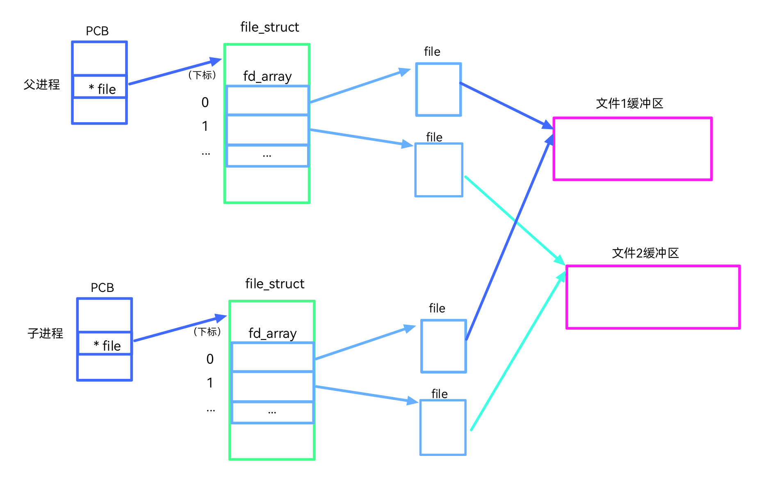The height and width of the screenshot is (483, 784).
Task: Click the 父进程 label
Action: pyautogui.click(x=41, y=84)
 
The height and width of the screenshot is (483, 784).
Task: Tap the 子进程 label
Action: pyautogui.click(x=45, y=333)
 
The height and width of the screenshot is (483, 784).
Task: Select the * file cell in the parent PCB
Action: pyautogui.click(x=100, y=87)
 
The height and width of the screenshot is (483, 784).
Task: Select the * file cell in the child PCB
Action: pyautogui.click(x=105, y=344)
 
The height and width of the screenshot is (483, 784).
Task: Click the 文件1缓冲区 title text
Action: pyautogui.click(x=629, y=103)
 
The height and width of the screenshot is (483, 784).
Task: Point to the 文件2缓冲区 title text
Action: pyautogui.click(x=645, y=253)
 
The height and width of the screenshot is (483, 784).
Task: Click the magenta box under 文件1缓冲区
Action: pyautogui.click(x=632, y=149)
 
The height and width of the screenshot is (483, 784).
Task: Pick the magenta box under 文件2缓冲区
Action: pyautogui.click(x=653, y=297)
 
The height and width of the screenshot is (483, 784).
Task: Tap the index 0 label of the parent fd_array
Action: pyautogui.click(x=205, y=102)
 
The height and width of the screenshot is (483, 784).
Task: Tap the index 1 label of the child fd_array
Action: pyautogui.click(x=210, y=383)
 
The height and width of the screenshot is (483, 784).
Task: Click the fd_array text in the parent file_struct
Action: pyautogui.click(x=267, y=76)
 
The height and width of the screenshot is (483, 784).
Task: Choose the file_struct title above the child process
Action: pyautogui.click(x=275, y=284)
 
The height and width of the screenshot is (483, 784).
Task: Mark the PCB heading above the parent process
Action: pyautogui.click(x=97, y=31)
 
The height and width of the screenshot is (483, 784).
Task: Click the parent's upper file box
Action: pyautogui.click(x=438, y=89)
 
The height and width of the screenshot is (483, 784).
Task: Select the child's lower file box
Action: pyautogui.click(x=443, y=427)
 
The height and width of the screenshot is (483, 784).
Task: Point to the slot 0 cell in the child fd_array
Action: pyautogui.click(x=273, y=357)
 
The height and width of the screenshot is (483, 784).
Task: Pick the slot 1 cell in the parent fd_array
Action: pyautogui.click(x=267, y=130)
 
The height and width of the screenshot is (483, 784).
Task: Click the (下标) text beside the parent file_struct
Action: pyautogui.click(x=202, y=75)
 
